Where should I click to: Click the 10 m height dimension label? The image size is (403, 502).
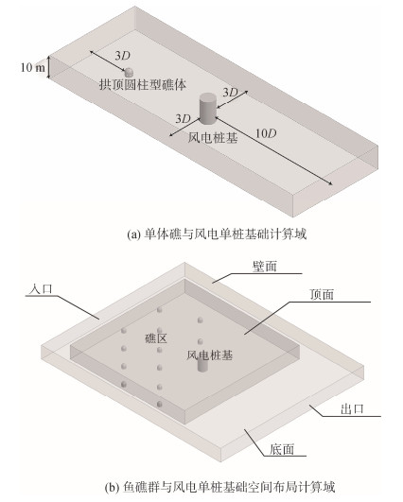pyautogui.click(x=33, y=67)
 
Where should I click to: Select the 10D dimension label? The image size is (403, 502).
pyautogui.click(x=266, y=133)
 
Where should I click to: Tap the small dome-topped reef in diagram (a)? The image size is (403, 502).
pyautogui.click(x=129, y=72)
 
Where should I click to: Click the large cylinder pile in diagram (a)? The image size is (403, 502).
pyautogui.click(x=207, y=108)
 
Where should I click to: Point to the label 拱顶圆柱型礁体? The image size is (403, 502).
pyautogui.click(x=143, y=85)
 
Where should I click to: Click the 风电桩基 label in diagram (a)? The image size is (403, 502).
pyautogui.click(x=213, y=138)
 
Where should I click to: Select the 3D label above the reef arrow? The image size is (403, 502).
pyautogui.click(x=123, y=56)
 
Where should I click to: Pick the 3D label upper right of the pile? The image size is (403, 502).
pyautogui.click(x=231, y=93)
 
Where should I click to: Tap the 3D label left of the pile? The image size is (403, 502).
pyautogui.click(x=183, y=119)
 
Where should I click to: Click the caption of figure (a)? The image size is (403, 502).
pyautogui.click(x=217, y=234)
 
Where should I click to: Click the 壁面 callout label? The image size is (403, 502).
pyautogui.click(x=265, y=266)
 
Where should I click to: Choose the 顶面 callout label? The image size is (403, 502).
pyautogui.click(x=322, y=294)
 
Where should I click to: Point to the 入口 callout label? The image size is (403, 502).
pyautogui.click(x=41, y=289)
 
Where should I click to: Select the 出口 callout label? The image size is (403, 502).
pyautogui.click(x=352, y=409)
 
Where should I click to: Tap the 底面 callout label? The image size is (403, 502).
pyautogui.click(x=282, y=449)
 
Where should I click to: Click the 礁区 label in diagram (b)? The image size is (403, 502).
pyautogui.click(x=156, y=338)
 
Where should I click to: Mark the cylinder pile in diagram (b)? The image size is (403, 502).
pyautogui.click(x=202, y=365)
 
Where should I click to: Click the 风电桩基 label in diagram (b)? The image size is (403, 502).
pyautogui.click(x=209, y=355)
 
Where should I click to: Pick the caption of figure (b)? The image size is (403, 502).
pyautogui.click(x=219, y=487)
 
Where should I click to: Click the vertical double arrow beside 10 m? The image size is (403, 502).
pyautogui.click(x=48, y=67)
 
